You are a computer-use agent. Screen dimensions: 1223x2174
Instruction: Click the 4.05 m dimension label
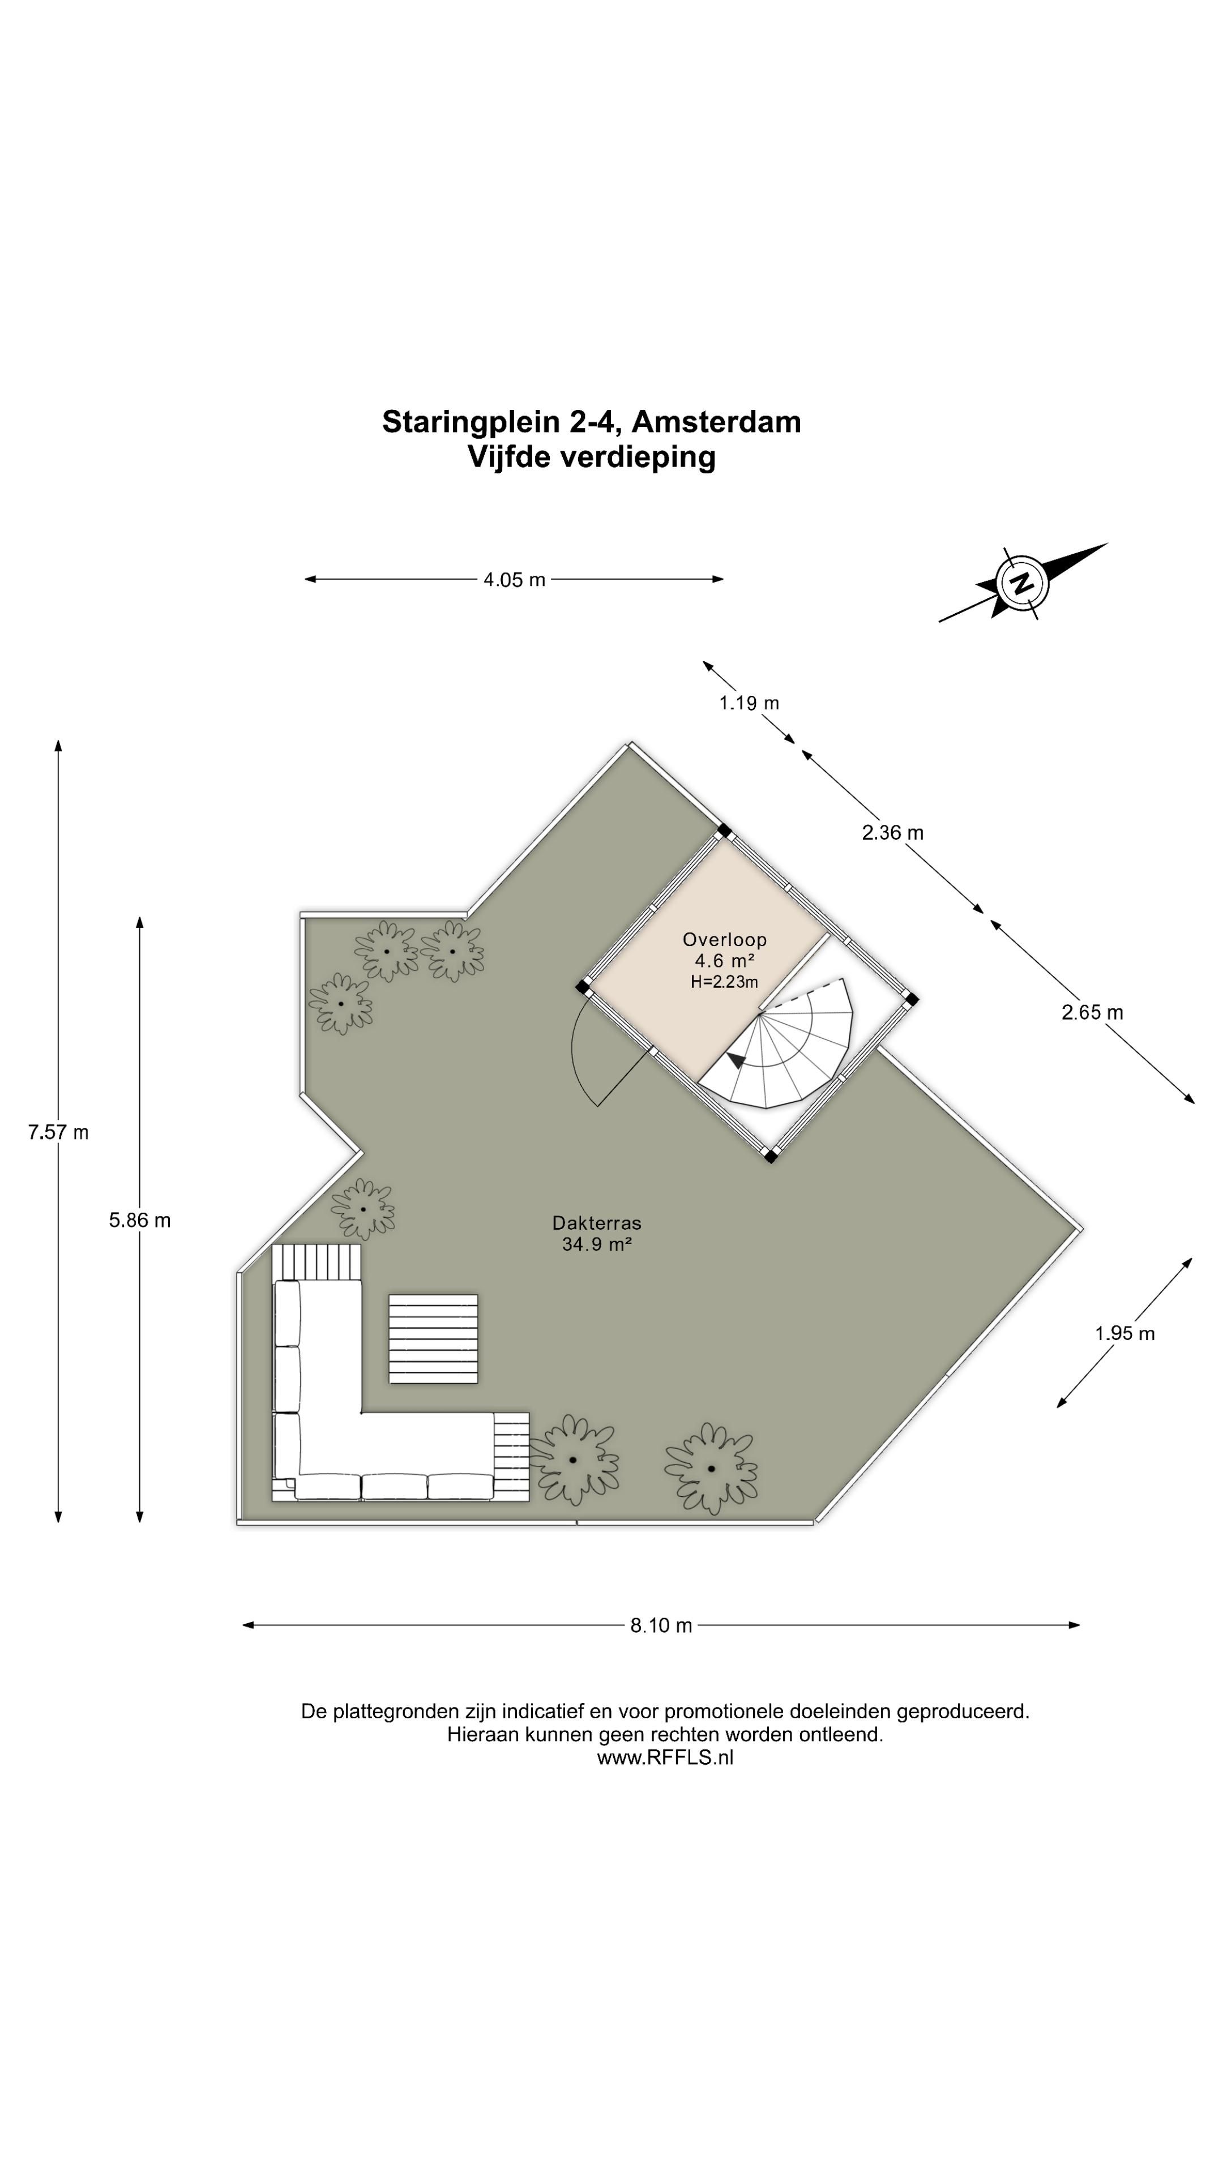click(514, 580)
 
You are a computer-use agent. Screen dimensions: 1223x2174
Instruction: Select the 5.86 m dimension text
click(140, 1221)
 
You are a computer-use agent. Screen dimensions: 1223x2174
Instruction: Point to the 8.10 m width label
click(661, 1625)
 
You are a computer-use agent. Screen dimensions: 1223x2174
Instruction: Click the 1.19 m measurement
click(749, 703)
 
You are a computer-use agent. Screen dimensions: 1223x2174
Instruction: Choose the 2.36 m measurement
click(892, 833)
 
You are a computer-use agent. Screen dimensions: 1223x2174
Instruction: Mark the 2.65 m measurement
click(1092, 1012)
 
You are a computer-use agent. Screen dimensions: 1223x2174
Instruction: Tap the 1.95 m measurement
click(1125, 1333)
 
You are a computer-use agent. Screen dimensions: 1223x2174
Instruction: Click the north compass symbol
click(1023, 583)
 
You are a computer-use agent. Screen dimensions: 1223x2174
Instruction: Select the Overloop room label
click(724, 939)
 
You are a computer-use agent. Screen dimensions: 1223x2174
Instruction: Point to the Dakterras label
click(597, 1223)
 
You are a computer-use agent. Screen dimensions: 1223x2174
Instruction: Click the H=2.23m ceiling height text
click(724, 982)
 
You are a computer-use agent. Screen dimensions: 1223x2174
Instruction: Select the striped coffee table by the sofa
click(433, 1338)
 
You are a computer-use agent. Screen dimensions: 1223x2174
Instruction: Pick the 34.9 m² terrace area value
click(597, 1244)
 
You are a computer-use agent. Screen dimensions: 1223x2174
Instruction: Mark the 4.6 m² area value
click(724, 960)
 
